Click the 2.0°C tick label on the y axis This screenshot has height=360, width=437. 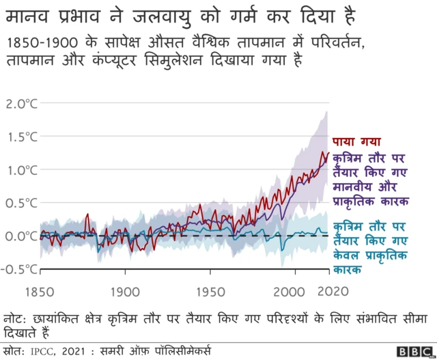tap(21, 105)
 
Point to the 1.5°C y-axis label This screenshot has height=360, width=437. tap(21, 137)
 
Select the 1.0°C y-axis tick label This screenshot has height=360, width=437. tap(21, 170)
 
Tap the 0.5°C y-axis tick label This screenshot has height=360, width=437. tap(21, 203)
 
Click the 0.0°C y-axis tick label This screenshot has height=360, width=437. tap(21, 236)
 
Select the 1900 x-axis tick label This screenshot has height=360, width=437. tap(124, 291)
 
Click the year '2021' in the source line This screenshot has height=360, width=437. tap(83, 351)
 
